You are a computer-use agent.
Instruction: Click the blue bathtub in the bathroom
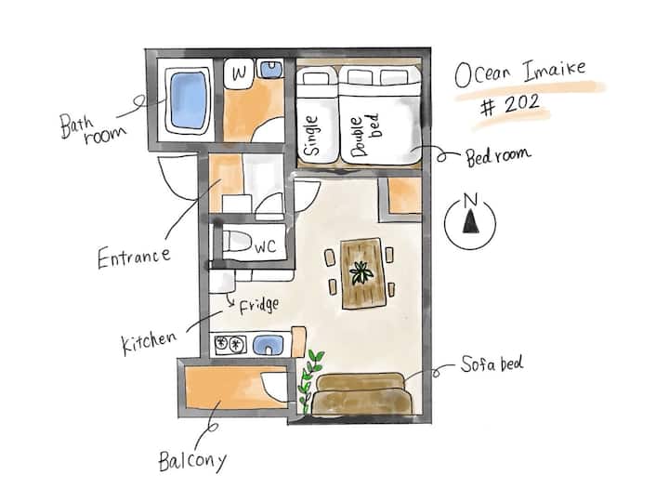pos(188,100)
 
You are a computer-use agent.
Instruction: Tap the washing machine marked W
pos(239,73)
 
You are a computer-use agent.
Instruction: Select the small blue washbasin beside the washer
pos(271,69)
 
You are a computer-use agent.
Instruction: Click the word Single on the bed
pos(311,136)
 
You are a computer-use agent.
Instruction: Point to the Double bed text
pos(364,135)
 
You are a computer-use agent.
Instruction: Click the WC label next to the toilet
pos(266,246)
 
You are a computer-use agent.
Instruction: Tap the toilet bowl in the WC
pos(236,242)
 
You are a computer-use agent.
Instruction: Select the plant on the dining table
pos(361,272)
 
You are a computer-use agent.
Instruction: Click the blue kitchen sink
pos(268,345)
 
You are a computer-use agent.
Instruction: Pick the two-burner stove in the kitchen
pos(230,345)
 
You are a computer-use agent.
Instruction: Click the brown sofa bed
pos(361,394)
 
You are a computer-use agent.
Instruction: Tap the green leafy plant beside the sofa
pos(310,381)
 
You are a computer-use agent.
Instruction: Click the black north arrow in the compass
pos(470,221)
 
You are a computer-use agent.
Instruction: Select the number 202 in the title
pos(521,104)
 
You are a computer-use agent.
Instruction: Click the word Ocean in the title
pos(482,75)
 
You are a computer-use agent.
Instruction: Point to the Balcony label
pos(192,461)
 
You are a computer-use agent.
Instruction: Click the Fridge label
pos(259,306)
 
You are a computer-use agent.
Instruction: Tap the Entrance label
pos(135,258)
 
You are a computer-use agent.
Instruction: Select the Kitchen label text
pos(149,342)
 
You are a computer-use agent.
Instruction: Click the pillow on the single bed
pos(316,78)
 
